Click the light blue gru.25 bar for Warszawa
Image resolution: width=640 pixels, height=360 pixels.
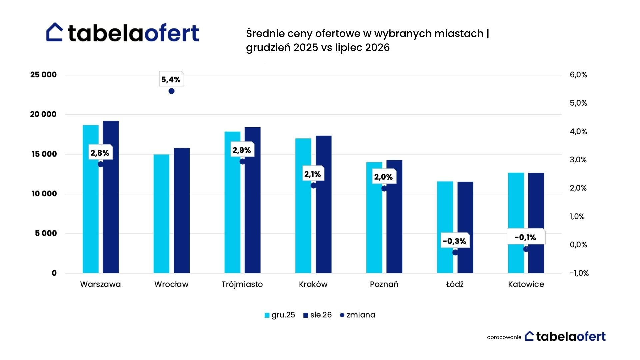pyautogui.click(x=91, y=199)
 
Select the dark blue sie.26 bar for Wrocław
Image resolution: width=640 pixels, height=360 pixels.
pyautogui.click(x=182, y=211)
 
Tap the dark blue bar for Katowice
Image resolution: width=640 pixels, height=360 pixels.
pyautogui.click(x=536, y=223)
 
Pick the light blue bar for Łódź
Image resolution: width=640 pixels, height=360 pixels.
pyautogui.click(x=445, y=227)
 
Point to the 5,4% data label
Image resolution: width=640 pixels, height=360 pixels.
pyautogui.click(x=171, y=79)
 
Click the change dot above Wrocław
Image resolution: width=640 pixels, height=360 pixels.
pyautogui.click(x=171, y=91)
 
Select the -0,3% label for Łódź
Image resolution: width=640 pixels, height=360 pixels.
pyautogui.click(x=455, y=241)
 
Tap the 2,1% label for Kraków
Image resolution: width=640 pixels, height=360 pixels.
pyautogui.click(x=313, y=174)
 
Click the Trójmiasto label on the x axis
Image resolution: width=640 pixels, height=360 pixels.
pyautogui.click(x=242, y=284)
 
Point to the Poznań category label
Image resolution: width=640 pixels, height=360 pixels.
pyautogui.click(x=384, y=284)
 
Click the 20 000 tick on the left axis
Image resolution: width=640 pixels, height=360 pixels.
pyautogui.click(x=43, y=114)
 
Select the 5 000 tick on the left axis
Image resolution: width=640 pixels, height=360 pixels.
pyautogui.click(x=46, y=233)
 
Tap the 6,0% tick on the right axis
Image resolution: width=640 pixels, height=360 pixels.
pyautogui.click(x=578, y=75)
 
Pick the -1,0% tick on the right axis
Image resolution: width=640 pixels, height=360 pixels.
pyautogui.click(x=579, y=273)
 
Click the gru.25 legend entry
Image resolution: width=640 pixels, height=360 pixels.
pyautogui.click(x=280, y=315)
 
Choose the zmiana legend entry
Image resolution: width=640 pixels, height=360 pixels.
pyautogui.click(x=357, y=315)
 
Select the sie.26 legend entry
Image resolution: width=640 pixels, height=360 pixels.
pyautogui.click(x=317, y=315)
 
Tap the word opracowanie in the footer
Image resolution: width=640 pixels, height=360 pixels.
pyautogui.click(x=504, y=337)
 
